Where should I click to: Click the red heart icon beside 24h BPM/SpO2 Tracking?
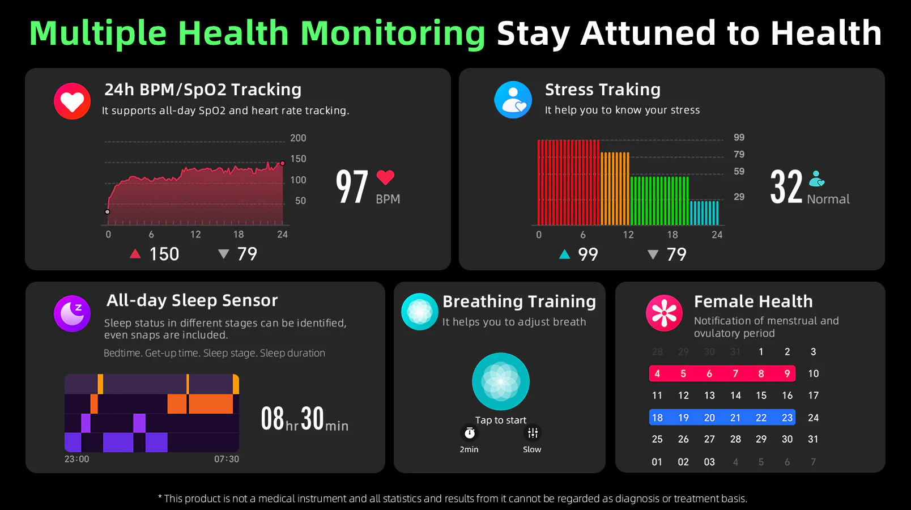click(72, 101)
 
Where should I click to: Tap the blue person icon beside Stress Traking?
click(513, 100)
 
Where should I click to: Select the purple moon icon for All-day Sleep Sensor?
click(72, 313)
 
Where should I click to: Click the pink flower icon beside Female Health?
click(664, 313)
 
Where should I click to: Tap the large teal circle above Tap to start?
click(501, 381)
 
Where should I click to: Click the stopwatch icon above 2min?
click(470, 433)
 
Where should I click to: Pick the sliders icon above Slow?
click(533, 433)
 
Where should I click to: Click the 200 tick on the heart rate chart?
click(298, 138)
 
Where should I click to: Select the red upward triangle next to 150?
click(135, 254)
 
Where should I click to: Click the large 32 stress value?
click(786, 187)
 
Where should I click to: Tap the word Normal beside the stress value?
click(828, 199)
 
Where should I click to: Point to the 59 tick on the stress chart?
click(739, 171)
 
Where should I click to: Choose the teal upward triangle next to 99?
click(564, 254)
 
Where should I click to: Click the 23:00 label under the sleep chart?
click(77, 459)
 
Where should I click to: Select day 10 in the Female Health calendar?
click(814, 373)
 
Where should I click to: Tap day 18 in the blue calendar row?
click(657, 418)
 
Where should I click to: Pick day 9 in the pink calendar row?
click(787, 373)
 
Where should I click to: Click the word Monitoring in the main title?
click(393, 33)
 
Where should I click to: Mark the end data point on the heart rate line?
click(283, 163)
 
